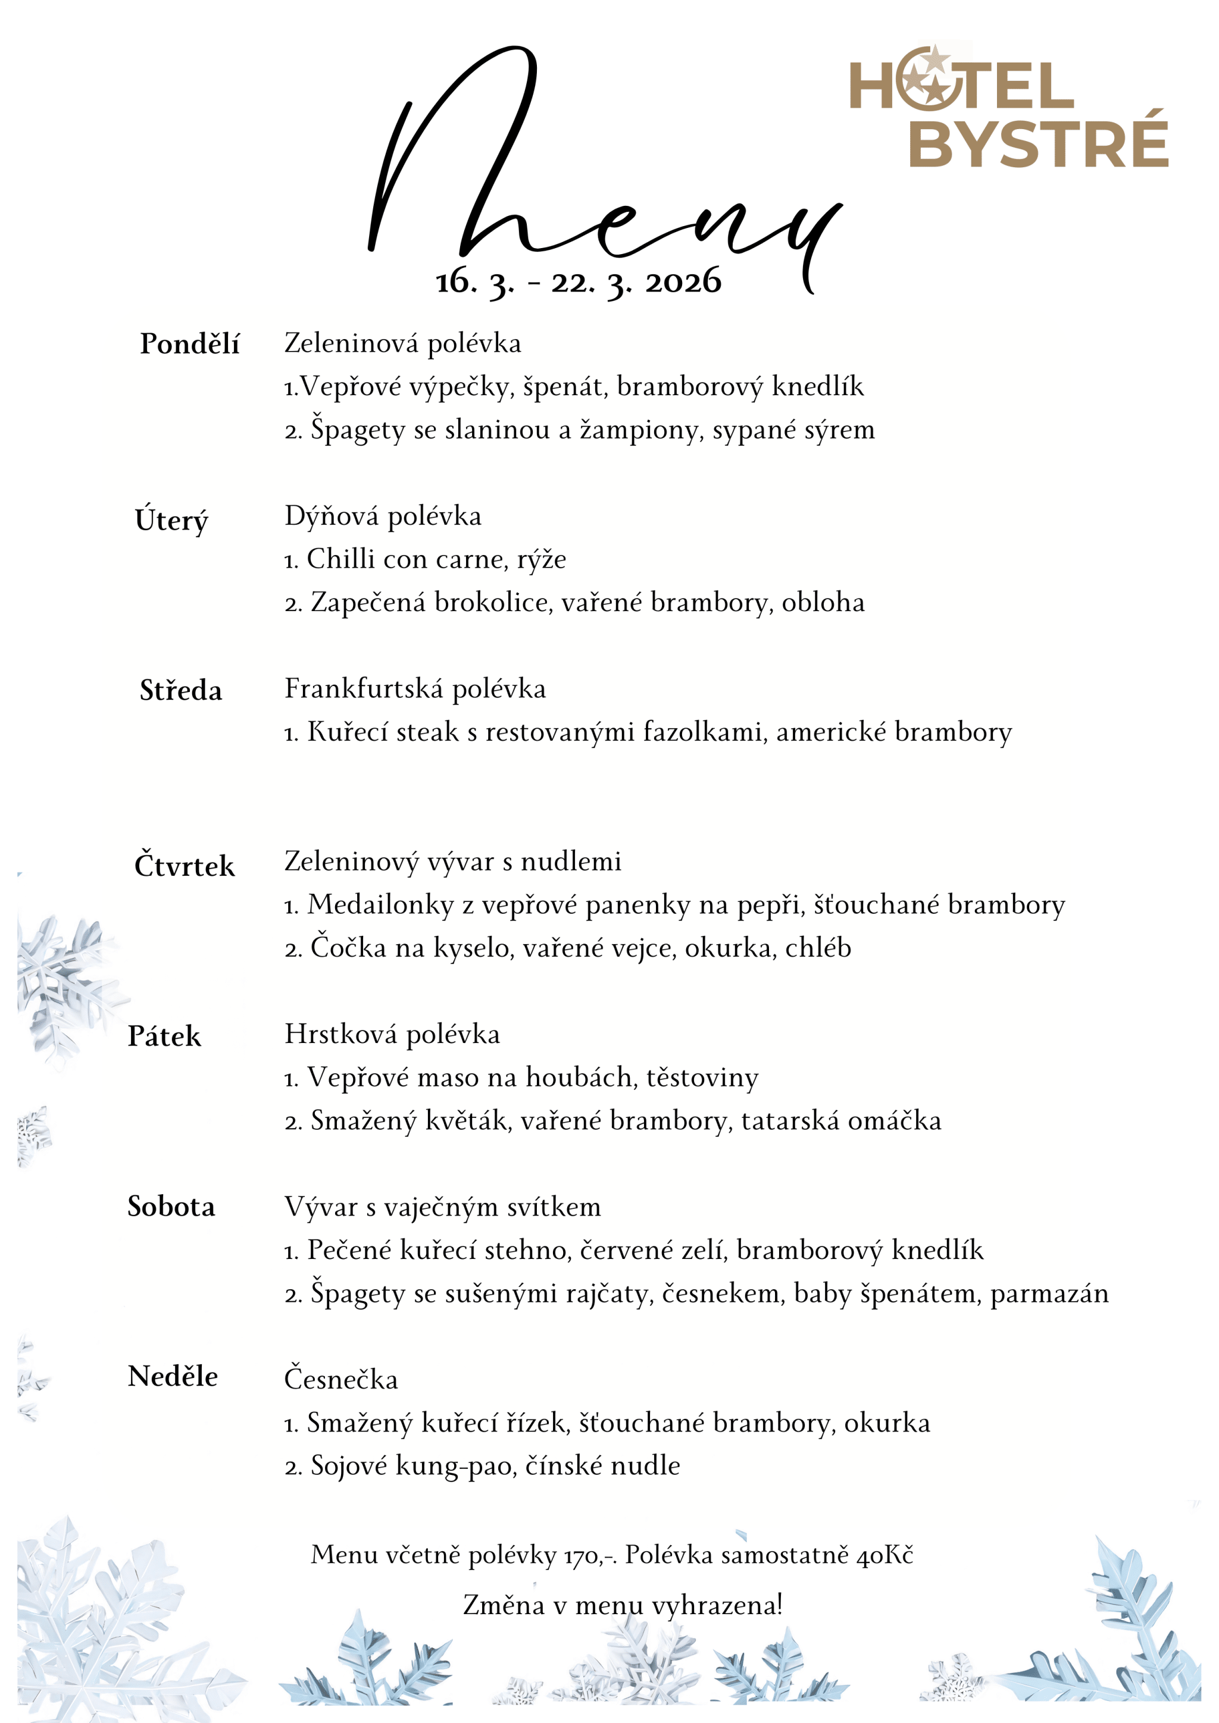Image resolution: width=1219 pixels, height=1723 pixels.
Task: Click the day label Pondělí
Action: point(189,344)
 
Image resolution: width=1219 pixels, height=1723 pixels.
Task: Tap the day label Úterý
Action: point(171,520)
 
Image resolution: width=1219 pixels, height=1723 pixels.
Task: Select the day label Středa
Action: point(181,690)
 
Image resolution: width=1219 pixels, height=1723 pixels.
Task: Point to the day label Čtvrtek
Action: point(184,865)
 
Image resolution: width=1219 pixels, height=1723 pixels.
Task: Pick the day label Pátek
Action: point(164,1036)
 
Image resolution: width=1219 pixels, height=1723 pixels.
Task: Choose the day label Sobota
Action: point(171,1207)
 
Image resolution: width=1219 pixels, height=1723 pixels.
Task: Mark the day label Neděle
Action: point(173,1377)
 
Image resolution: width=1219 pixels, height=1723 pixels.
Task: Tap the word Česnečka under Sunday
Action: point(341,1379)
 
